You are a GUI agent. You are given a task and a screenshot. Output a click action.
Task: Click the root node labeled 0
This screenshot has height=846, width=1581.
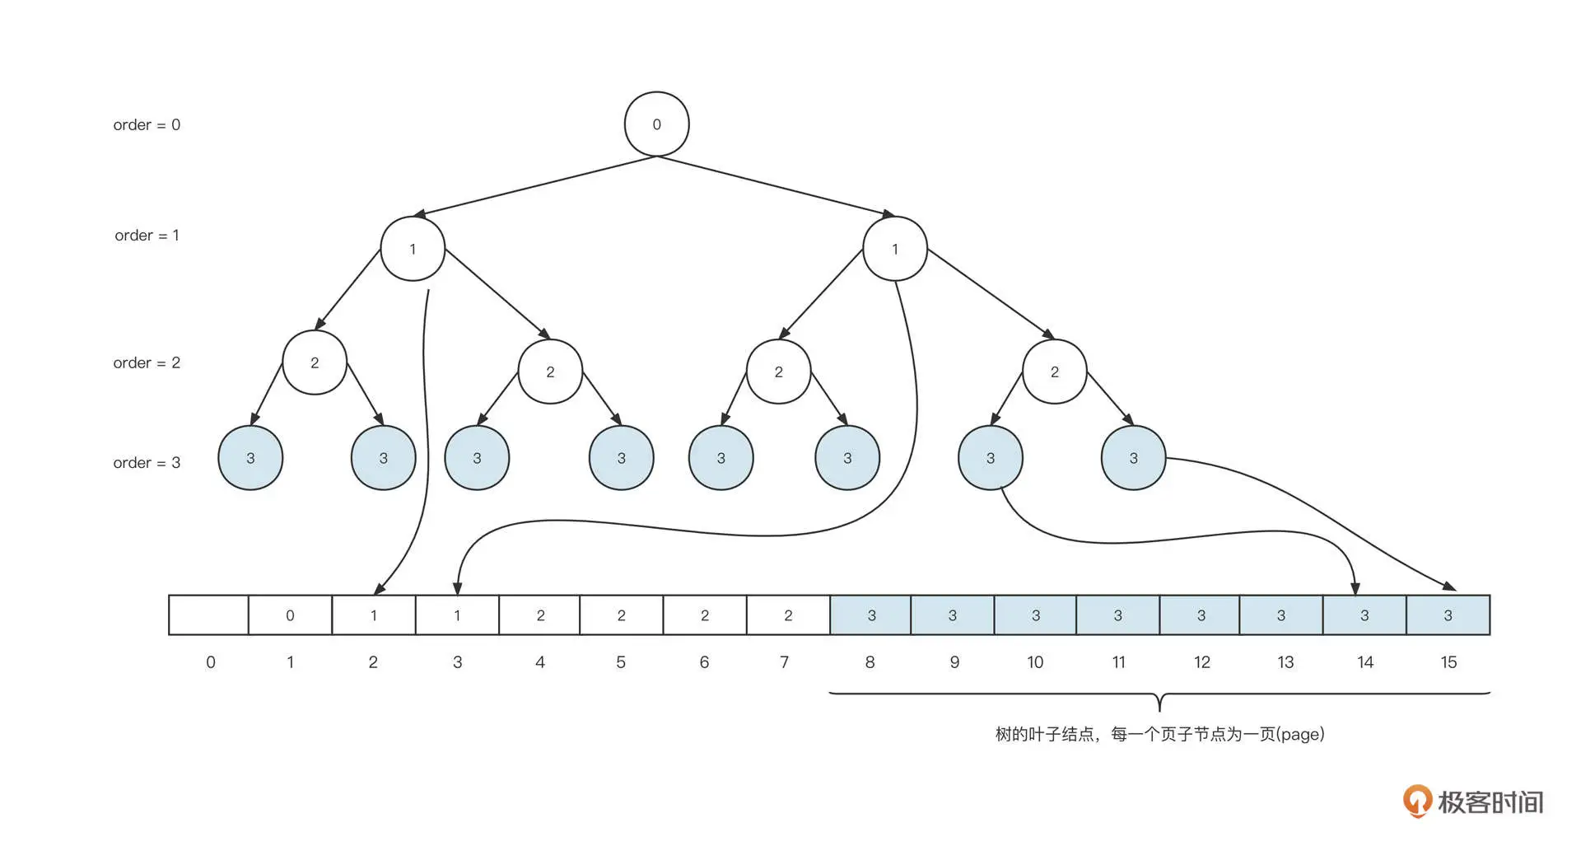point(656,124)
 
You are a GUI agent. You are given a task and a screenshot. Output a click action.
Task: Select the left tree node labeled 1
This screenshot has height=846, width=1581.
point(413,249)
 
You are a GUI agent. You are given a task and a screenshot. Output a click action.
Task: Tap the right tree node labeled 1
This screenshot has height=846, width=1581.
point(895,249)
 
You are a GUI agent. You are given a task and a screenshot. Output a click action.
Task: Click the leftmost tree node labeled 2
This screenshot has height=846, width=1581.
point(315,362)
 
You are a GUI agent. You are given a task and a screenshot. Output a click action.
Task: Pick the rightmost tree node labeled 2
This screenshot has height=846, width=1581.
point(1054,372)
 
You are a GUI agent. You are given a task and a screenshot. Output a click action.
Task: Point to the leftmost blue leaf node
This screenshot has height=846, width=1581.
point(250,458)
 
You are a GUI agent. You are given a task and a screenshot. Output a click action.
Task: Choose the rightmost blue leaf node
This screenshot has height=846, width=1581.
point(1133,458)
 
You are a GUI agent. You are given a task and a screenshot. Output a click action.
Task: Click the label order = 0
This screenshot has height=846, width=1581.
point(147,125)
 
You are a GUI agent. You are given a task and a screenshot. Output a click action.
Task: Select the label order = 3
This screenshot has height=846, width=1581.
point(147,463)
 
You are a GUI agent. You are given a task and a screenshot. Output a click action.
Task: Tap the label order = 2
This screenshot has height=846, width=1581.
point(147,363)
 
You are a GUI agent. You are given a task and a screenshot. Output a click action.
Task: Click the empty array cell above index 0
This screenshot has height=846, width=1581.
point(208,615)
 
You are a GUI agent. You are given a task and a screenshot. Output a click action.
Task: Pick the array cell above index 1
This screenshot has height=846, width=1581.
point(290,615)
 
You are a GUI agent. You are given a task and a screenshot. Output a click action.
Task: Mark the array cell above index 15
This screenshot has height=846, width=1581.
point(1448,615)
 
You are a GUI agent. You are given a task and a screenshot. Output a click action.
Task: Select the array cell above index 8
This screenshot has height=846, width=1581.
point(870,615)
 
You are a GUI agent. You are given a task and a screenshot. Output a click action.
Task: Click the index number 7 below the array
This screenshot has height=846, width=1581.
point(785,662)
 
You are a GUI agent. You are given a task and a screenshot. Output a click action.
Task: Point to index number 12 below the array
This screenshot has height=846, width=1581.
point(1201,662)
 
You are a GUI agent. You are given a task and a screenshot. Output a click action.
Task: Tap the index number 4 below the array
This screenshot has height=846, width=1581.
point(540,662)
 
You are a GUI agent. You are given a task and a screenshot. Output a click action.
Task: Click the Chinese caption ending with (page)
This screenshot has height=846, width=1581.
point(1159,734)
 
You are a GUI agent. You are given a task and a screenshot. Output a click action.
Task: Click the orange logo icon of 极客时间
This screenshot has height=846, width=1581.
point(1417,801)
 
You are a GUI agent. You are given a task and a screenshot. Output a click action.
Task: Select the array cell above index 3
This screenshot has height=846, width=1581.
point(457,615)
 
